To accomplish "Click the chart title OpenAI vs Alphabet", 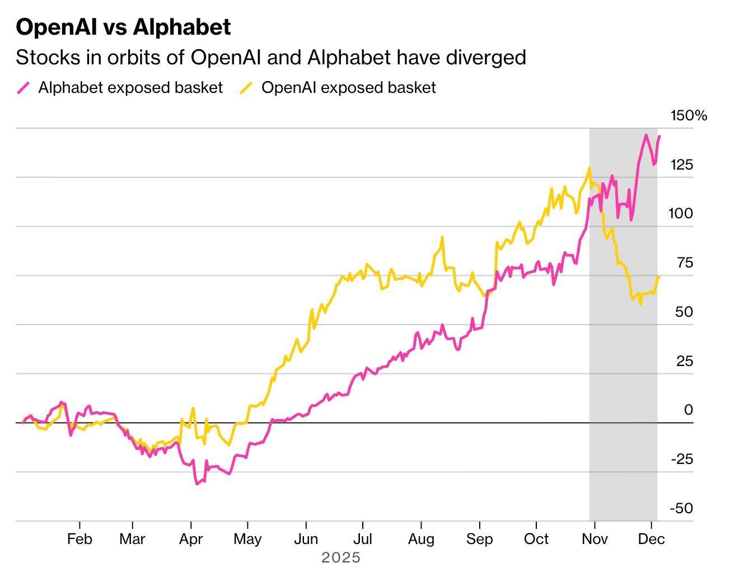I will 123,27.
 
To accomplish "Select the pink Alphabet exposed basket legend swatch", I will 24,88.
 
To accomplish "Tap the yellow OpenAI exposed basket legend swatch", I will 246,88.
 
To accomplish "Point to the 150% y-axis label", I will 689,116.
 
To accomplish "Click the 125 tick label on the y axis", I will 681,165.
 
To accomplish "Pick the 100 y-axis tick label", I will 680,213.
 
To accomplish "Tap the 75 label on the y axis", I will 684,262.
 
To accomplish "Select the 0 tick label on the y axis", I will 688,410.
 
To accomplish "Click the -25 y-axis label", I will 681,459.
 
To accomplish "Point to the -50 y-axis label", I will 681,508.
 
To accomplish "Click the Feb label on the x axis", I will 79,539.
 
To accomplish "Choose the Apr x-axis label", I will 191,539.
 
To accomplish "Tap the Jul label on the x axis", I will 363,539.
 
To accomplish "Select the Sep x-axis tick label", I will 479,539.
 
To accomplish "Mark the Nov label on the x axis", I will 595,539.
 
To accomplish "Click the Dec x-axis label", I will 652,539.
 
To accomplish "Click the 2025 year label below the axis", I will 341,557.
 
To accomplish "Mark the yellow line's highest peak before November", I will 589,168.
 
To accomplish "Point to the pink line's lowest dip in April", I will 196,484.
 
